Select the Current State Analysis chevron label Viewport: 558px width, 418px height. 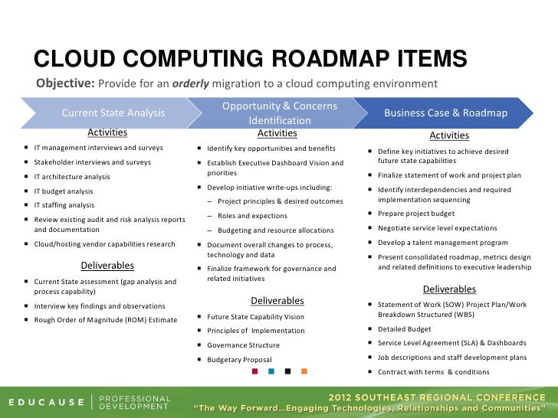tap(113, 113)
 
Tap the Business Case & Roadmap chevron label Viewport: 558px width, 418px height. tap(445, 113)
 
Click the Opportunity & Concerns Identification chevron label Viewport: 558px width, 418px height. tap(280, 113)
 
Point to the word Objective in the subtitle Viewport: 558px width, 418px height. tap(65, 83)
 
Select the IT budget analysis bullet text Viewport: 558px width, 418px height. tap(64, 191)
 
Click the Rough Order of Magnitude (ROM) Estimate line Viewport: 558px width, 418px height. tap(106, 319)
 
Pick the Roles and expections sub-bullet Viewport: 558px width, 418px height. tap(252, 216)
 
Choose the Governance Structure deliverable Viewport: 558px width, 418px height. tap(243, 345)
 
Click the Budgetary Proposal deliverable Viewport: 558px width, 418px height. tap(239, 359)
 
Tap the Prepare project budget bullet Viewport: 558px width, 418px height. tap(416, 214)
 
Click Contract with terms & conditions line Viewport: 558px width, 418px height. tap(433, 372)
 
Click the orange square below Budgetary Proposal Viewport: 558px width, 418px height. tap(304, 372)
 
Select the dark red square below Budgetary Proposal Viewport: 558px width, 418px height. tap(255, 372)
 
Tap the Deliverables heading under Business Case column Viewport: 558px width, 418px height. tap(449, 289)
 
